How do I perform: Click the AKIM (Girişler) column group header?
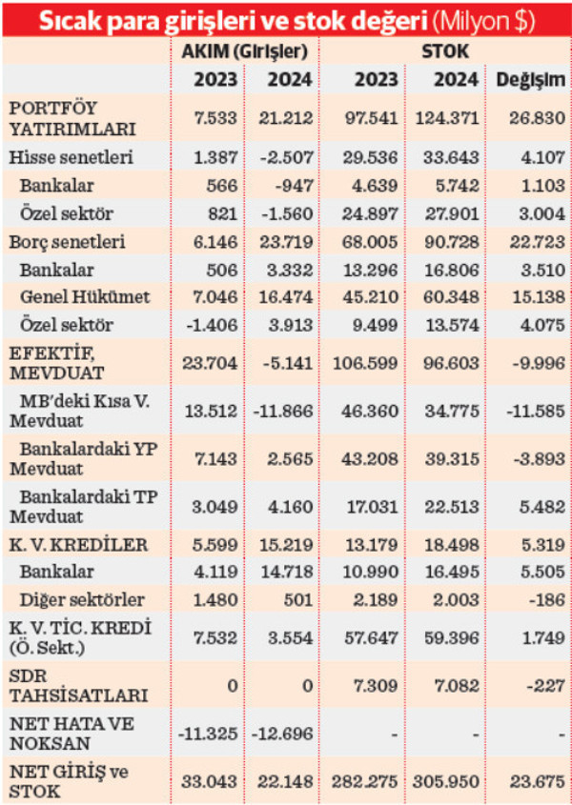pos(246,50)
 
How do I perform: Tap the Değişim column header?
pos(531,80)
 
